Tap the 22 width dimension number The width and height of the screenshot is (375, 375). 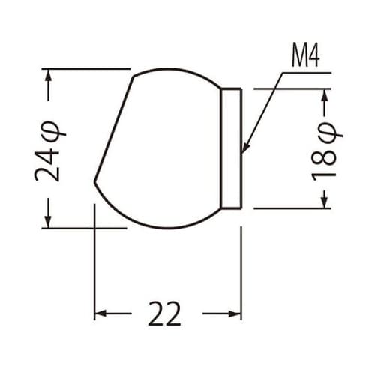click(x=164, y=313)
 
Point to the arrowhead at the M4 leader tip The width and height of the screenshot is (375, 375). click(x=244, y=150)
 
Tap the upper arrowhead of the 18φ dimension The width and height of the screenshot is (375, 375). click(x=325, y=94)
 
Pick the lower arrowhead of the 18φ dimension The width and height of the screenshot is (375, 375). click(x=325, y=202)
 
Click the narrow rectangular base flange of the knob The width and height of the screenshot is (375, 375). click(x=232, y=148)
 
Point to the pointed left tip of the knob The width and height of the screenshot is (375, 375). click(x=94, y=181)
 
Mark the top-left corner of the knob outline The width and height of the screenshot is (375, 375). click(x=133, y=76)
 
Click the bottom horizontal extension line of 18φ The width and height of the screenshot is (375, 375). click(x=292, y=209)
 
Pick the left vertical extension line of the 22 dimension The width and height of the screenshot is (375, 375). click(x=94, y=262)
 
